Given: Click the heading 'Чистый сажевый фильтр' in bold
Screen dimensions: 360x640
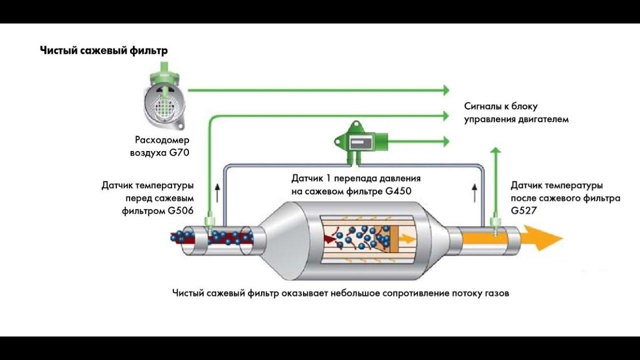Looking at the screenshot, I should coord(103,50).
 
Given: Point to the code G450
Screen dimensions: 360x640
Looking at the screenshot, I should coord(399,190).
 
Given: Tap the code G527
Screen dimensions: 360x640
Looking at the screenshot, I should coord(523,211).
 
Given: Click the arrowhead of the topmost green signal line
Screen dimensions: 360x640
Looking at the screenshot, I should coord(444,90).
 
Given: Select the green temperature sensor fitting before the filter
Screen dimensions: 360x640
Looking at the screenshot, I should coord(210,221).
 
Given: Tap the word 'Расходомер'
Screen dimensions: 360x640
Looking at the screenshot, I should coord(162,140).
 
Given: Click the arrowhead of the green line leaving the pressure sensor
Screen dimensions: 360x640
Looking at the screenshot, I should coord(444,141).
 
